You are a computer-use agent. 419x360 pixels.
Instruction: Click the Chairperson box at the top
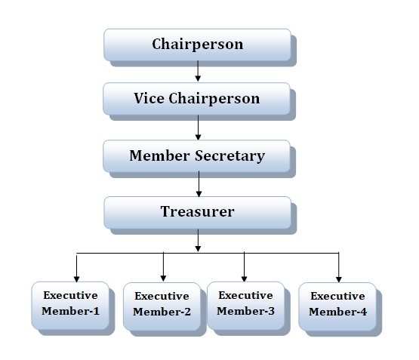(x=197, y=45)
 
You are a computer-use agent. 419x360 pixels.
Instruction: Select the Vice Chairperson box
(x=197, y=99)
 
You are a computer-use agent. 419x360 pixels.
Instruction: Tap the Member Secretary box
(x=197, y=156)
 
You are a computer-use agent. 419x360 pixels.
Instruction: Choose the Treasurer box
(x=198, y=213)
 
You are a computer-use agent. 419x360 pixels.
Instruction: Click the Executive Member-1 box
(x=70, y=306)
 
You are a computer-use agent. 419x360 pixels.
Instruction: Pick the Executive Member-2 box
(x=162, y=306)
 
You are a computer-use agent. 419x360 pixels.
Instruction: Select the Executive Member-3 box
(x=246, y=306)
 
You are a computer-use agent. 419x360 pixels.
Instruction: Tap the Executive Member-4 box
(x=337, y=306)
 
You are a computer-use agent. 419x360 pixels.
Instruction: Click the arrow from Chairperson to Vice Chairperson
(x=198, y=71)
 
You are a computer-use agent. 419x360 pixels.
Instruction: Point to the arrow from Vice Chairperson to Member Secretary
(x=198, y=128)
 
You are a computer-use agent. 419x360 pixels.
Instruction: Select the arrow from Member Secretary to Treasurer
(x=199, y=184)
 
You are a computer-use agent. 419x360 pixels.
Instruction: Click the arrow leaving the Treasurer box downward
(x=198, y=240)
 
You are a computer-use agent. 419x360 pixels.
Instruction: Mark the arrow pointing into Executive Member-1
(x=77, y=269)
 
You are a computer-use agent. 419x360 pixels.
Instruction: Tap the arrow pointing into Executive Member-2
(x=163, y=266)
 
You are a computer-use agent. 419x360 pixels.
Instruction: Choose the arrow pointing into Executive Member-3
(x=244, y=266)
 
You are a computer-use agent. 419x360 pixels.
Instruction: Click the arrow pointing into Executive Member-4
(x=339, y=267)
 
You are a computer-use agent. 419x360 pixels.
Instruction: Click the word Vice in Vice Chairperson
(x=149, y=98)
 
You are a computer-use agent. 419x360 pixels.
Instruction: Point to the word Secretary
(x=230, y=155)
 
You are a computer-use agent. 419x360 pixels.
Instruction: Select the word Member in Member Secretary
(x=159, y=155)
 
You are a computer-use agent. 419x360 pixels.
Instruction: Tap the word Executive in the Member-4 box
(x=337, y=296)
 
